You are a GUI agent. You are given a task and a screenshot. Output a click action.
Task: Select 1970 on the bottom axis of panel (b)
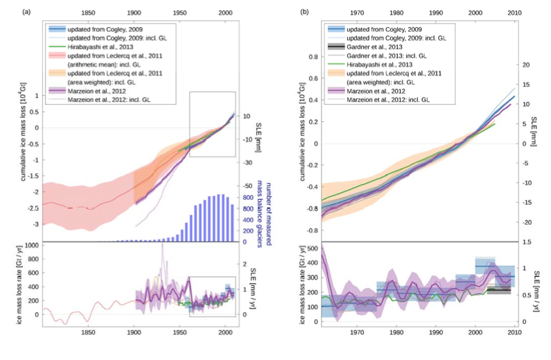point(358,332)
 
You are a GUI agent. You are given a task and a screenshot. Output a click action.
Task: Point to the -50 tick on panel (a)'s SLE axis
point(246,187)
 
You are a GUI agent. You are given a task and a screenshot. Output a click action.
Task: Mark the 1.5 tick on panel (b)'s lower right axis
point(527,242)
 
